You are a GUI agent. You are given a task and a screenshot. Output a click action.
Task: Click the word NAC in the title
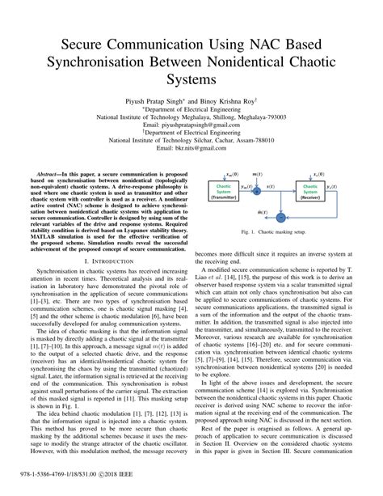click(261, 42)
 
